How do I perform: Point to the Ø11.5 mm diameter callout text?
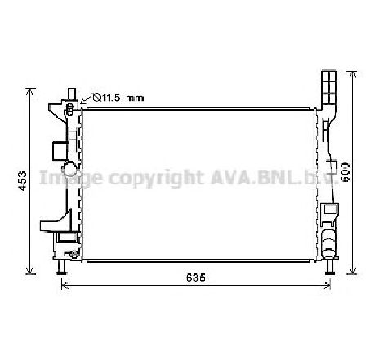(116, 98)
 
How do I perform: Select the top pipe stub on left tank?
(71, 97)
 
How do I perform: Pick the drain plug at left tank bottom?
(74, 256)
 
